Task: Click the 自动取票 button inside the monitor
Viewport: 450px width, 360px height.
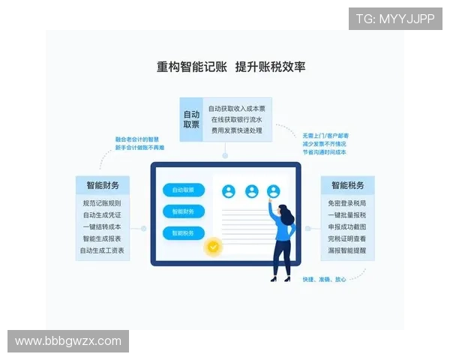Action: click(x=184, y=190)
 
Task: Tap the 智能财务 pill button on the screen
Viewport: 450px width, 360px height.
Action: click(x=184, y=211)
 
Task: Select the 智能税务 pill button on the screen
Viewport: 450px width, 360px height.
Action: click(x=184, y=233)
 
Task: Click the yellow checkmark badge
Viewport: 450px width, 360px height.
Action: click(x=214, y=245)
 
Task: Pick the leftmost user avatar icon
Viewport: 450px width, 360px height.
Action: click(x=228, y=191)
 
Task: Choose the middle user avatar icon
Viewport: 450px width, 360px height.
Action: click(x=251, y=191)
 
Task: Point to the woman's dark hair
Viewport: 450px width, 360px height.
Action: click(x=287, y=214)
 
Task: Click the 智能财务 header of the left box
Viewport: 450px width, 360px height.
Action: click(x=102, y=185)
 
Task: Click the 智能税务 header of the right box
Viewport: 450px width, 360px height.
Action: click(x=347, y=185)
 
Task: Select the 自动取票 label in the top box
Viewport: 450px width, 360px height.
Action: click(x=191, y=119)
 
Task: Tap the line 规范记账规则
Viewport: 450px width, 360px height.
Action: click(x=102, y=202)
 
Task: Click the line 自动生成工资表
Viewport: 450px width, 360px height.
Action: click(x=102, y=250)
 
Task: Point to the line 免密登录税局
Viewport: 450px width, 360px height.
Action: click(x=347, y=202)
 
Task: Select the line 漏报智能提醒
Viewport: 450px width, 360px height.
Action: click(x=347, y=250)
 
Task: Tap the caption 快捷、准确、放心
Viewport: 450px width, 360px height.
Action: click(x=324, y=280)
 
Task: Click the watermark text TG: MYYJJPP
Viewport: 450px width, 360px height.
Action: click(x=394, y=19)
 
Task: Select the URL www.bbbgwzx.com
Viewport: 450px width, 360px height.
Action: click(x=68, y=341)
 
